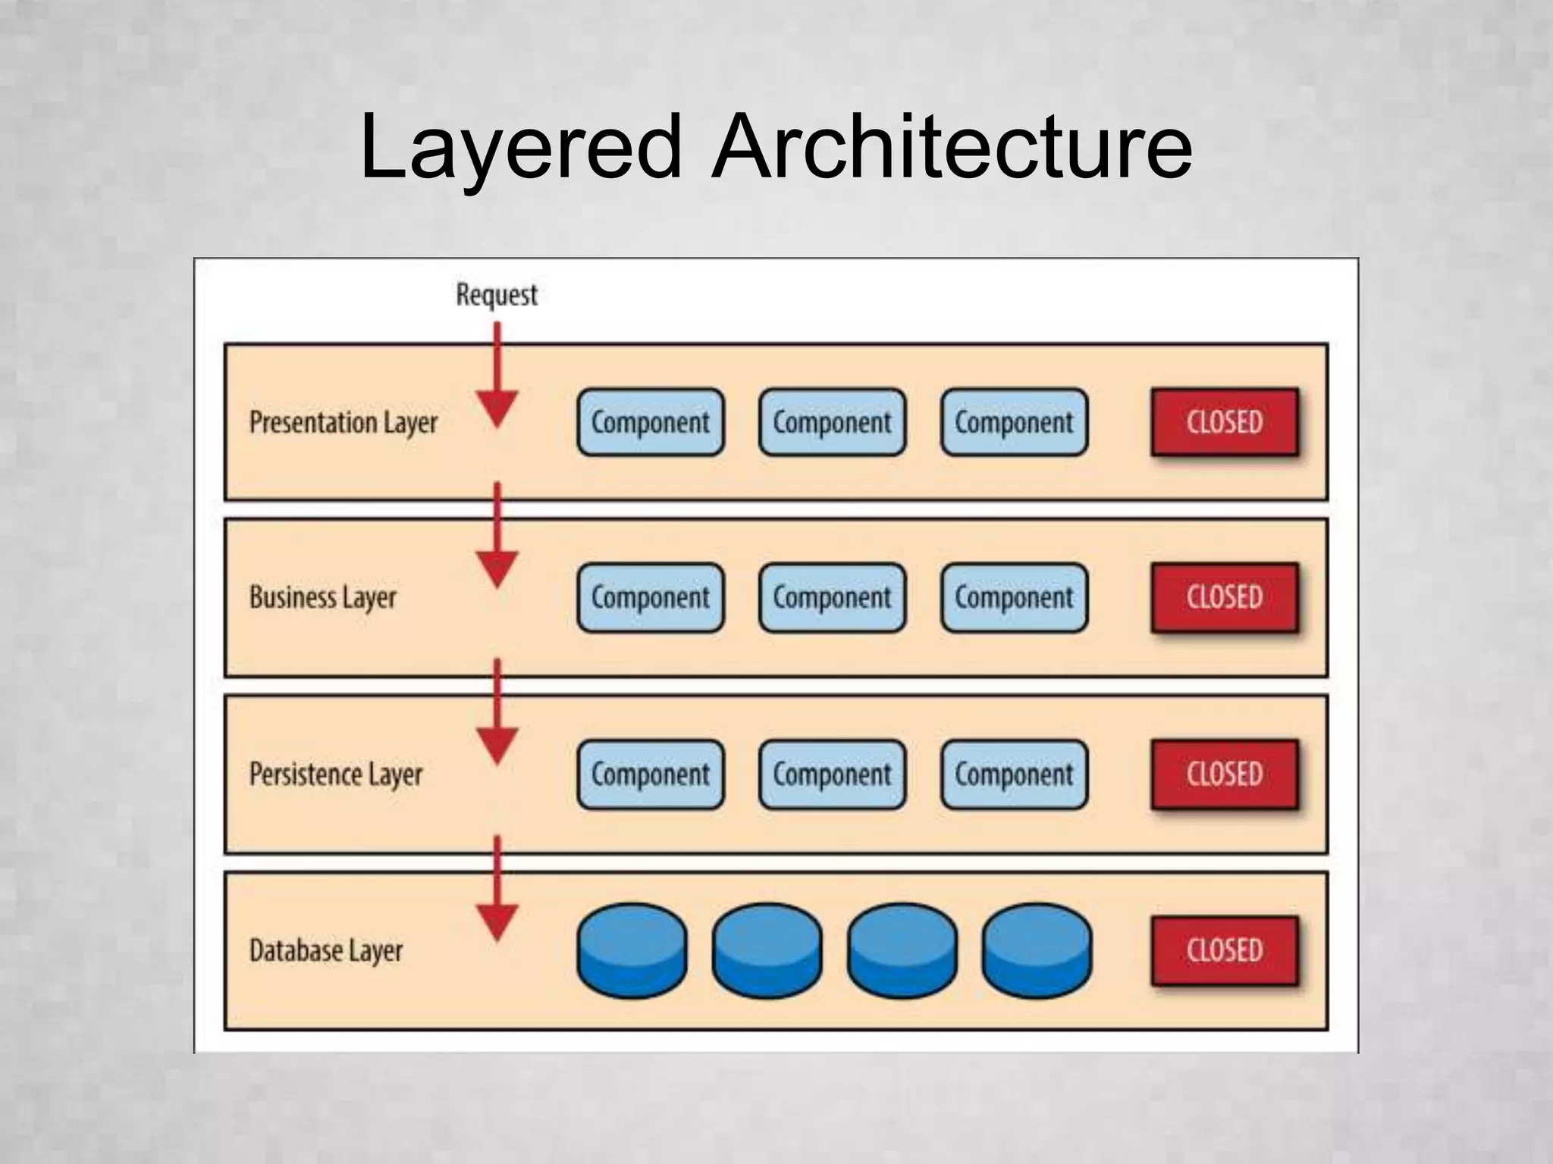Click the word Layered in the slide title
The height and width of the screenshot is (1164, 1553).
coord(522,148)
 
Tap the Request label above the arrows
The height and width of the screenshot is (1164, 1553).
coord(497,294)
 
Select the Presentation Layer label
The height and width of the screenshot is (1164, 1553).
coord(344,423)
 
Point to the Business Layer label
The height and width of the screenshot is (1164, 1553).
coord(323,598)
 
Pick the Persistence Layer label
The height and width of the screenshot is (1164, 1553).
coord(336,774)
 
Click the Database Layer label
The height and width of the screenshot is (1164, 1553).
coord(326,951)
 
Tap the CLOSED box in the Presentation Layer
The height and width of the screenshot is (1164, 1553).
coord(1225,422)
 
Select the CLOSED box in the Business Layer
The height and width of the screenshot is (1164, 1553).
coord(1225,597)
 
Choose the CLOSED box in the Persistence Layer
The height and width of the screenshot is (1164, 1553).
coord(1225,774)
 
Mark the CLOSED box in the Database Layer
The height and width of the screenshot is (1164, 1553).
coord(1225,950)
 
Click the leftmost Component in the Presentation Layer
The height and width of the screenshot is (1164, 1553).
coord(651,422)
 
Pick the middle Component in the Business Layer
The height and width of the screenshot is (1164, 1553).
coord(832,597)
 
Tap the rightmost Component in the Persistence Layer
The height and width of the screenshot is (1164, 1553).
coord(1014,774)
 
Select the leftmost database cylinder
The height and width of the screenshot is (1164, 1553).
coord(632,950)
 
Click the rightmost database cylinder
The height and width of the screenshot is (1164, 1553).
coord(1037,950)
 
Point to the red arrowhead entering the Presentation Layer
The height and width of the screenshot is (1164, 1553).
coord(497,408)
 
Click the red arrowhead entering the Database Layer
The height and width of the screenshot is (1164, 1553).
coord(497,922)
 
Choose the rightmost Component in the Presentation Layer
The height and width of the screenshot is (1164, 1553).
coord(1014,422)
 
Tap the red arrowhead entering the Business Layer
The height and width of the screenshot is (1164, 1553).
coord(497,568)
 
